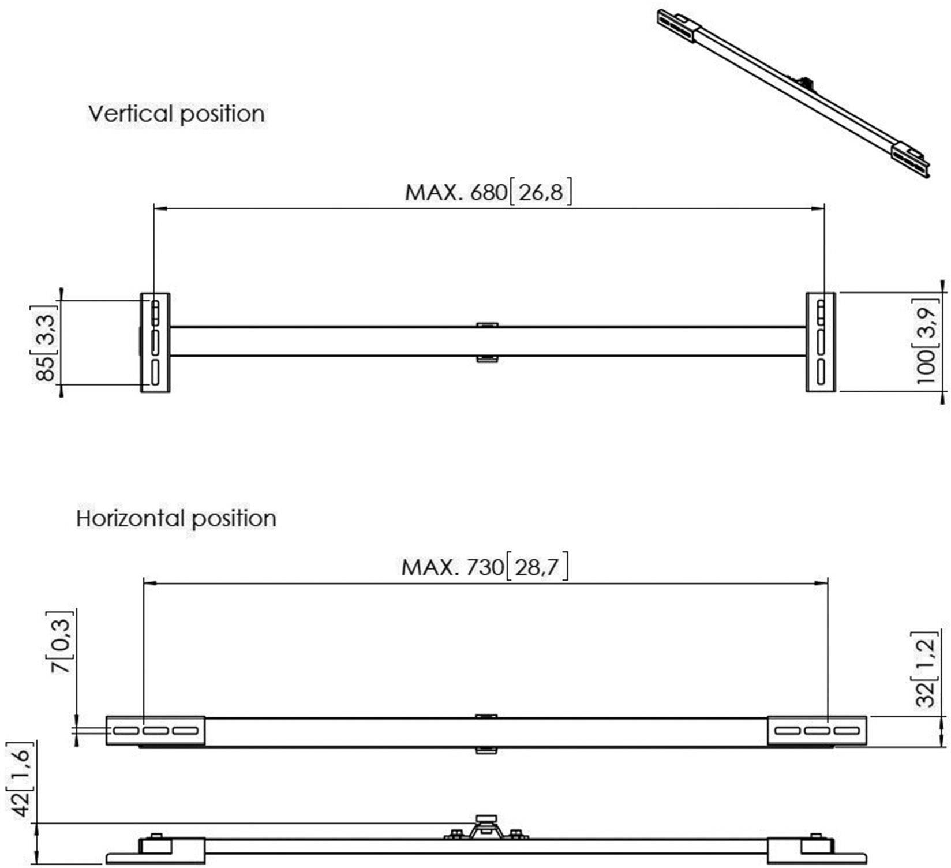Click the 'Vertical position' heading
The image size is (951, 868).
[176, 114]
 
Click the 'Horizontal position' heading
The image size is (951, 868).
[176, 518]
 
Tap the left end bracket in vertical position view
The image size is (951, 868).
[155, 342]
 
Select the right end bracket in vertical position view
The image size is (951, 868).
[820, 342]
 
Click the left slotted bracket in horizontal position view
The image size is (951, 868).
[155, 731]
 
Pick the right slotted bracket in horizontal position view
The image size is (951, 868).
[817, 731]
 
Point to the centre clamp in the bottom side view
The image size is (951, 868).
[486, 828]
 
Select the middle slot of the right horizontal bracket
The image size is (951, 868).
[817, 731]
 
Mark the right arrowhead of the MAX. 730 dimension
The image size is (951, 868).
[823, 583]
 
